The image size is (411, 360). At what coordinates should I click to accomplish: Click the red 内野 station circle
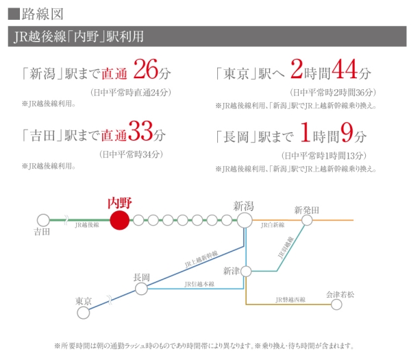120,220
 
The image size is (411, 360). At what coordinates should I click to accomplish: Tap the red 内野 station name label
120,202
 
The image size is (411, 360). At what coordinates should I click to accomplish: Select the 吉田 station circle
43,220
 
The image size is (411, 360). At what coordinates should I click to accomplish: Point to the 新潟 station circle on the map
245,220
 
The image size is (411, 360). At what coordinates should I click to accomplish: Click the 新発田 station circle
306,220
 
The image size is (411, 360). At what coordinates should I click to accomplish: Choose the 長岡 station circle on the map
141,289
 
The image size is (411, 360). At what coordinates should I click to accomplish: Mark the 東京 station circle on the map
84,313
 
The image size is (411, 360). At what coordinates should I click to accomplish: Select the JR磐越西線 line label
290,300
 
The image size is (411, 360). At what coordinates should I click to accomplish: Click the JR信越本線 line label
199,284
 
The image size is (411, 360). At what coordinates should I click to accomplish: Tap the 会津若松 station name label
342,294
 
